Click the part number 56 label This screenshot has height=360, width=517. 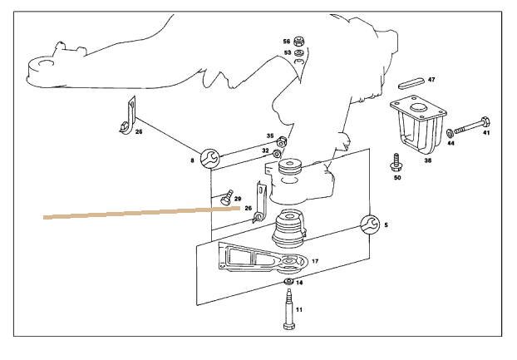point(287,41)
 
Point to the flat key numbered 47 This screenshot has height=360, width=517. point(411,81)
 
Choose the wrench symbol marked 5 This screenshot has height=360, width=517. point(370,223)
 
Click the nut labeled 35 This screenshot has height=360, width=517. point(283,141)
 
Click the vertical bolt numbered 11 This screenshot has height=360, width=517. point(288,313)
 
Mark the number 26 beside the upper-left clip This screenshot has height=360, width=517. point(139,131)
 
